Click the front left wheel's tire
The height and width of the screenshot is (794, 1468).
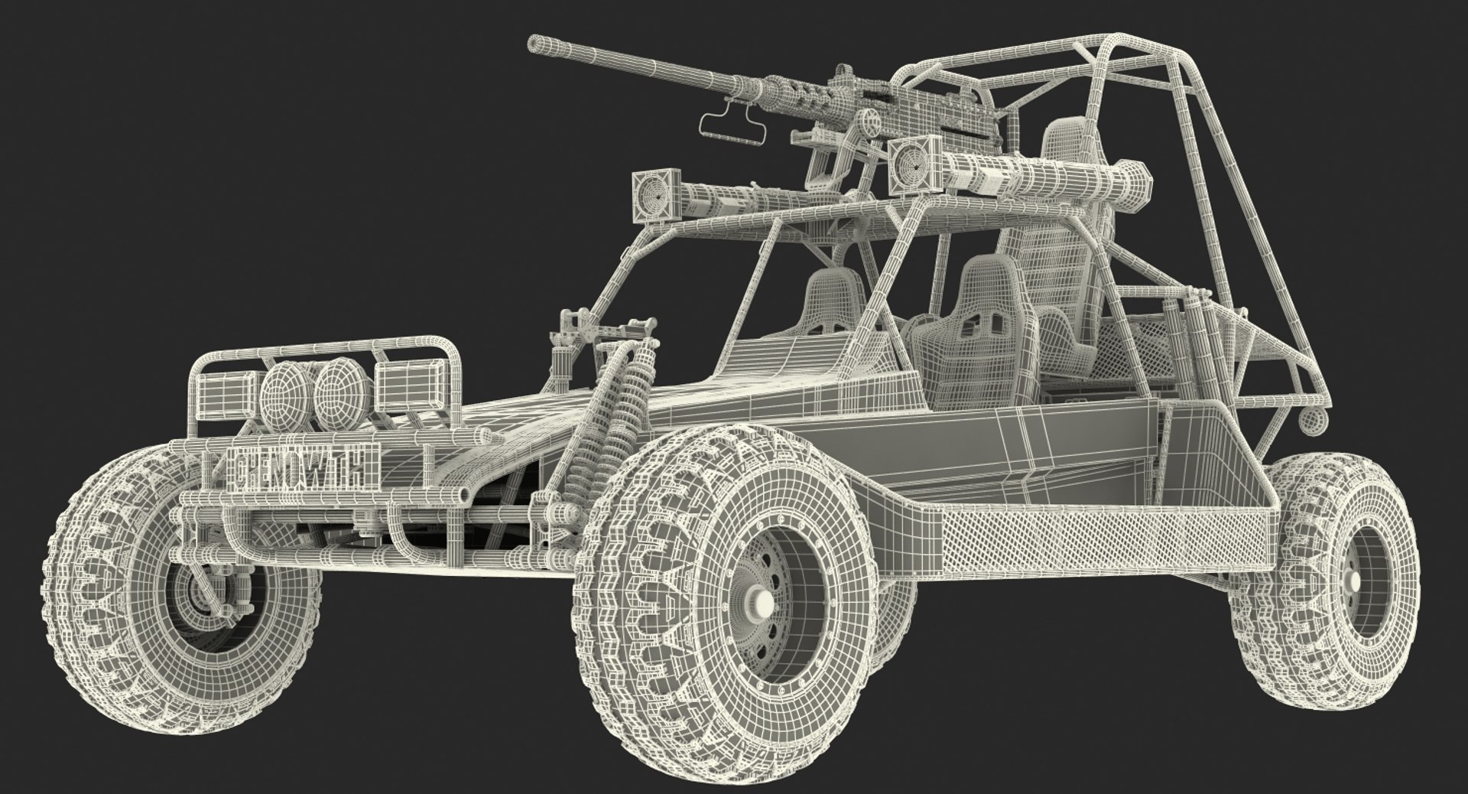tap(92, 612)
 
